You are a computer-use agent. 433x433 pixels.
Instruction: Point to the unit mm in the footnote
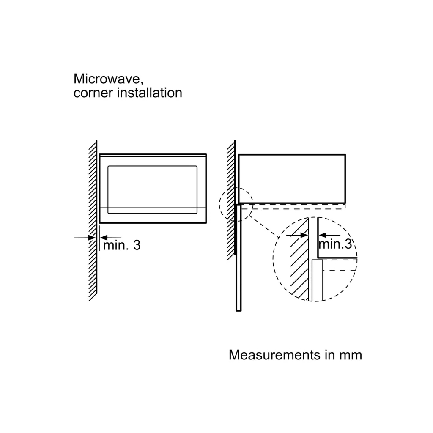click(351, 355)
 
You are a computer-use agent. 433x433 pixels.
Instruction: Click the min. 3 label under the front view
click(122, 245)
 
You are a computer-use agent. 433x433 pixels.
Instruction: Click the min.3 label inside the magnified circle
click(335, 244)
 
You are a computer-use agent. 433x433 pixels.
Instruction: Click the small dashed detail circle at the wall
click(236, 205)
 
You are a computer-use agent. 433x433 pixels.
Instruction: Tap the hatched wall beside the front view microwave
click(93, 220)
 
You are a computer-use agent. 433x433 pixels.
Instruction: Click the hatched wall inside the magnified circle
click(298, 262)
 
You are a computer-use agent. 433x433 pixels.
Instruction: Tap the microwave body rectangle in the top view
click(292, 178)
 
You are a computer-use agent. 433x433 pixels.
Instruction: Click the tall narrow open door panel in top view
click(238, 258)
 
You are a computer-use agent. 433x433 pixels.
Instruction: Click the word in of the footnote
click(330, 355)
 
